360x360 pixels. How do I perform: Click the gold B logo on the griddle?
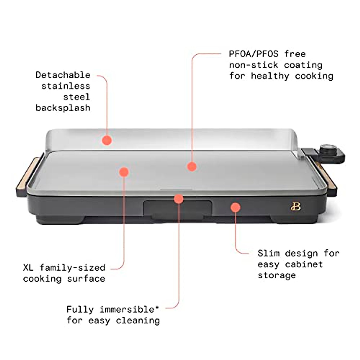[x=295, y=206]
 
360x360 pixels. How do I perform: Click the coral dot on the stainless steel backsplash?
[x=107, y=140]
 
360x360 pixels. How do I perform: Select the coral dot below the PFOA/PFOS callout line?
[x=192, y=166]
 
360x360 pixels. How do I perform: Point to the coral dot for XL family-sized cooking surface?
[x=124, y=172]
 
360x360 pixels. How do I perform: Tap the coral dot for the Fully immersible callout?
[x=178, y=199]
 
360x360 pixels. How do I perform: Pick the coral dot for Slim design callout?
[x=235, y=207]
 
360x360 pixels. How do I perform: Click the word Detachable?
[x=63, y=75]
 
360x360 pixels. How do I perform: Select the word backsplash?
[x=63, y=108]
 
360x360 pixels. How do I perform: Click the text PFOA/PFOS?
[x=253, y=54]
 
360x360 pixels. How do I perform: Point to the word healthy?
[x=270, y=76]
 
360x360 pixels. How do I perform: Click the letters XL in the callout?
[x=28, y=268]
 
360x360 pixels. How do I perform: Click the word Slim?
[x=268, y=253]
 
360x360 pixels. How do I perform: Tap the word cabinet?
[x=304, y=264]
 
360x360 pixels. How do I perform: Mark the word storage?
[x=277, y=275]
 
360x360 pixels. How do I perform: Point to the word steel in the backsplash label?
[x=76, y=97]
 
